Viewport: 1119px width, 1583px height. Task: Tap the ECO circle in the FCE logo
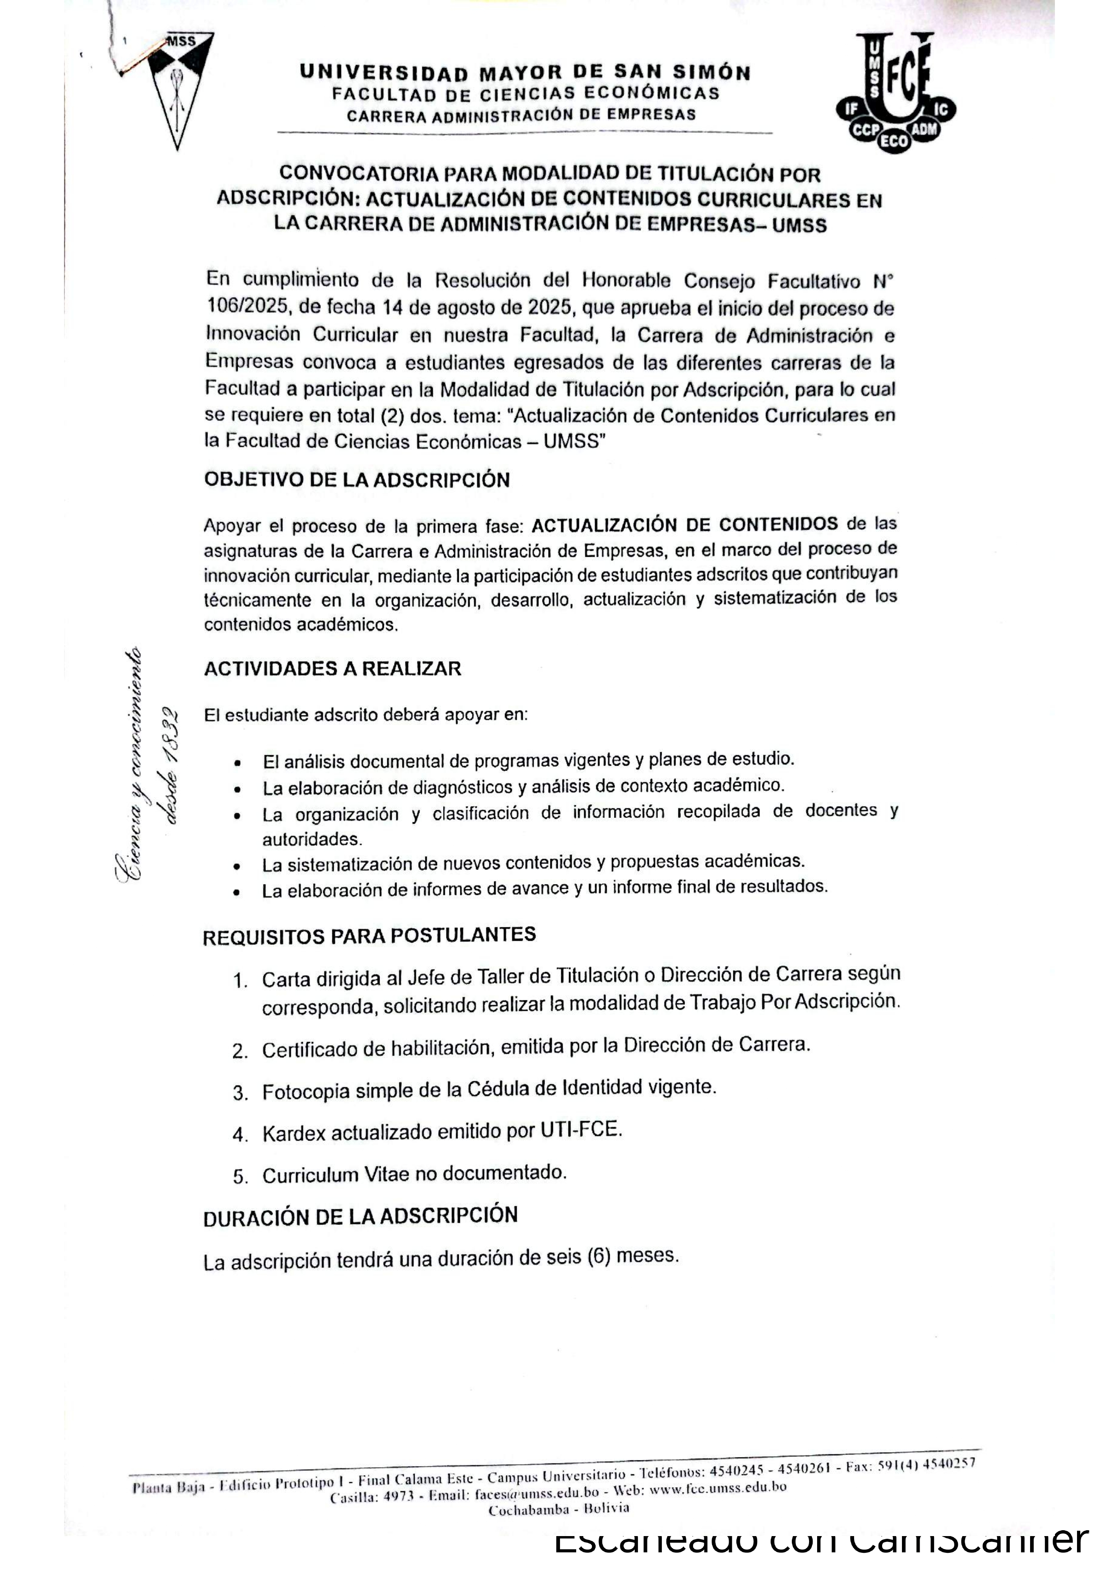(x=894, y=141)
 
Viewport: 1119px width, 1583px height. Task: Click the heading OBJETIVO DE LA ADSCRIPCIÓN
(x=356, y=480)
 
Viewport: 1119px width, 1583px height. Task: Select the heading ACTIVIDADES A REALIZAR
(x=333, y=668)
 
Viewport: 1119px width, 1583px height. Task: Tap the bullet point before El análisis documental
(x=236, y=763)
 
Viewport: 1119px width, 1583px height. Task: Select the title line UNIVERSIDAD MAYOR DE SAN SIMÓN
(x=525, y=72)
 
